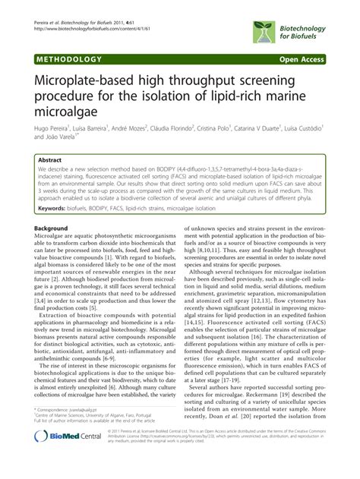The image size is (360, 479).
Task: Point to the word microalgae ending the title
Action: [68, 111]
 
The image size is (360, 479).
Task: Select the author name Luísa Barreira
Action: [96, 131]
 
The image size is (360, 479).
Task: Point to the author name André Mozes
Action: [141, 131]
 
